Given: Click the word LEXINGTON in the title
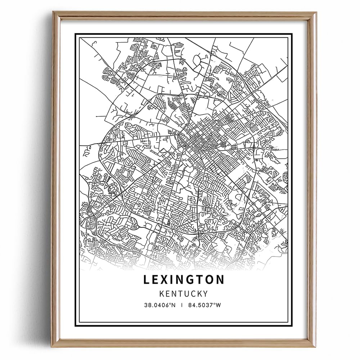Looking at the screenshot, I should pos(184,280).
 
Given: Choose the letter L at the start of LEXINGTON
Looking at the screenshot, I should pos(147,280).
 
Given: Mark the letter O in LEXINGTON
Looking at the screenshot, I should pos(210,280).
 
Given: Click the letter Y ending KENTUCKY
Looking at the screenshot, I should pos(205,293).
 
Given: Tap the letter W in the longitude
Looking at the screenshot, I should pos(218,305).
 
